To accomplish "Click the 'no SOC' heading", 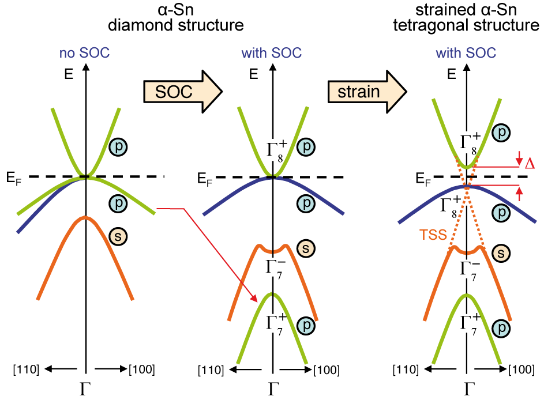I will (84, 54).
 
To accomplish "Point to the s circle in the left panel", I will (118, 235).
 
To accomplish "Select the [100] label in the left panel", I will (142, 369).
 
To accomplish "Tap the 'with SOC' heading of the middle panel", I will (272, 54).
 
